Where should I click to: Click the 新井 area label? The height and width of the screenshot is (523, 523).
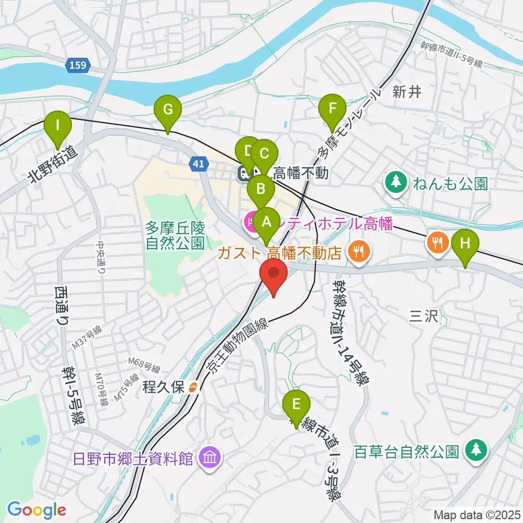point(408,92)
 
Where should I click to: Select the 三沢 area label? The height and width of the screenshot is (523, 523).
point(424,317)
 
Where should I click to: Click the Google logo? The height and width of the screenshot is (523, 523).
point(37,510)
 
